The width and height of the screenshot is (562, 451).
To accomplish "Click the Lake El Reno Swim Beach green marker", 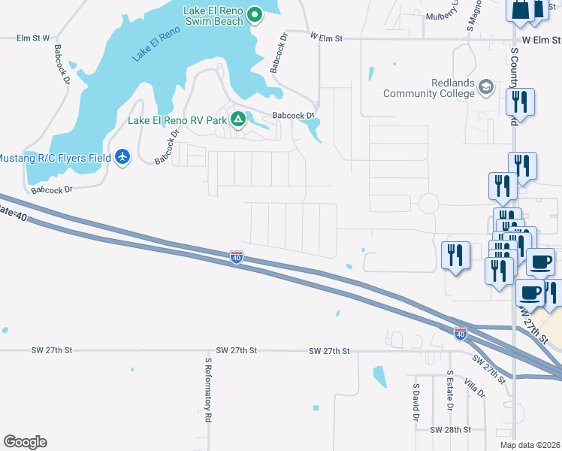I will (x=255, y=14).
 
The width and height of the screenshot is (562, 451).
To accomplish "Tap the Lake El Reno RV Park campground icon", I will (x=238, y=119).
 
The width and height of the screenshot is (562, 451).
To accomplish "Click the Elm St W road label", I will (x=35, y=38).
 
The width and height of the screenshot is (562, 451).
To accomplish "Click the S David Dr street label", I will (x=415, y=402).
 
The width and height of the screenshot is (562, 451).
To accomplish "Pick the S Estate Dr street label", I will (x=449, y=390).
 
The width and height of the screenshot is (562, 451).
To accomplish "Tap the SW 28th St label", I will (x=450, y=430).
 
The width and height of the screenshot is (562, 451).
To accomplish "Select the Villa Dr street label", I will (x=475, y=386).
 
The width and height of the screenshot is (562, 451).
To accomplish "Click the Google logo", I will (x=25, y=442).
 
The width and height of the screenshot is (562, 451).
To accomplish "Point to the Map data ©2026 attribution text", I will (x=530, y=445).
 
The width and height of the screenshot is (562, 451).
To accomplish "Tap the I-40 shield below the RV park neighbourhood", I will (x=237, y=258).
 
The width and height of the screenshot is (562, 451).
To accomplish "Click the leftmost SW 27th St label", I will (x=52, y=350).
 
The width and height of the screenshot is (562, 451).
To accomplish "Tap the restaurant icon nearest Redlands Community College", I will (x=519, y=102).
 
